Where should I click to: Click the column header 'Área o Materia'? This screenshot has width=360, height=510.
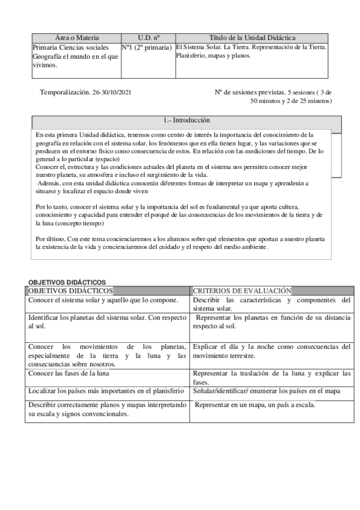click(76, 38)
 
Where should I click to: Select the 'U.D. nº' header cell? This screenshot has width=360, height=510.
click(148, 38)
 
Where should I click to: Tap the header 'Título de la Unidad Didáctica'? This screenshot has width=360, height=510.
click(252, 38)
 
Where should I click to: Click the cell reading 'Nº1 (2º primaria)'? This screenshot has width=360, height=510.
click(148, 47)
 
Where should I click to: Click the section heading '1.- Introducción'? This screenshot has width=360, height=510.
click(186, 120)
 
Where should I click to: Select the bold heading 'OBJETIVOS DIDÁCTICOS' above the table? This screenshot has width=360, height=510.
click(67, 282)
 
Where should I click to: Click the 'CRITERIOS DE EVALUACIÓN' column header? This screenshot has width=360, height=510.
click(242, 290)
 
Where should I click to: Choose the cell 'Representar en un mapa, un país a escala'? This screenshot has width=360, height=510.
click(255, 405)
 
